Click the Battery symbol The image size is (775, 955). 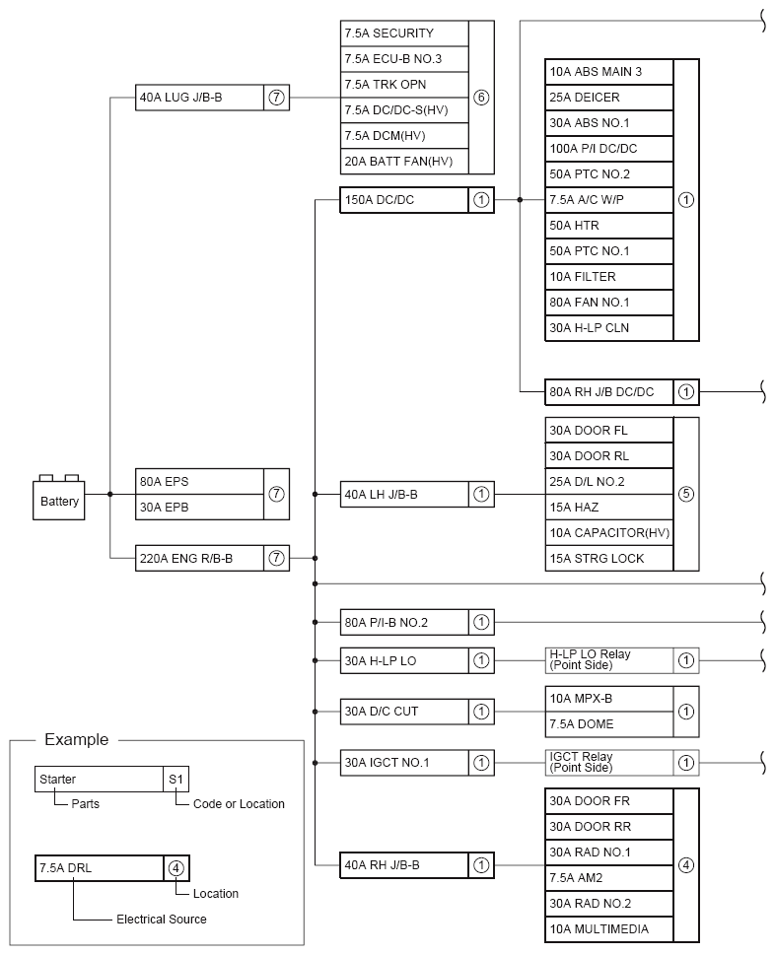coord(59,500)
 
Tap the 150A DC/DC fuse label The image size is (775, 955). coord(403,200)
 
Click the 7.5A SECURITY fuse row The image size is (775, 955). coord(403,34)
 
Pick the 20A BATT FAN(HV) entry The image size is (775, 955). coord(403,162)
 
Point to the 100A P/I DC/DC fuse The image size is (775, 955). coord(609,149)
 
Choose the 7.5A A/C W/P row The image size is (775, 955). coord(609,200)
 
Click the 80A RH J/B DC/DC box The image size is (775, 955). coord(609,391)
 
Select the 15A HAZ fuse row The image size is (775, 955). coord(609,508)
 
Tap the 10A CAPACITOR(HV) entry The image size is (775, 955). coord(609,533)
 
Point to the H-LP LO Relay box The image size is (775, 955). coord(609,660)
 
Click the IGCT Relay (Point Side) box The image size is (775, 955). coord(609,762)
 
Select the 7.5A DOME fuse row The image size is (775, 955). coord(609,724)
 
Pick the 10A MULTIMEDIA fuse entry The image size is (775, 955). coord(609,929)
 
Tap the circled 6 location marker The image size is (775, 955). coord(481,98)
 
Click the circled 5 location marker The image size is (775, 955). coord(686,495)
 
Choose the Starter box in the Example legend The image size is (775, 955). coord(99,779)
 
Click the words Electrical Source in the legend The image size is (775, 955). coord(161,920)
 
